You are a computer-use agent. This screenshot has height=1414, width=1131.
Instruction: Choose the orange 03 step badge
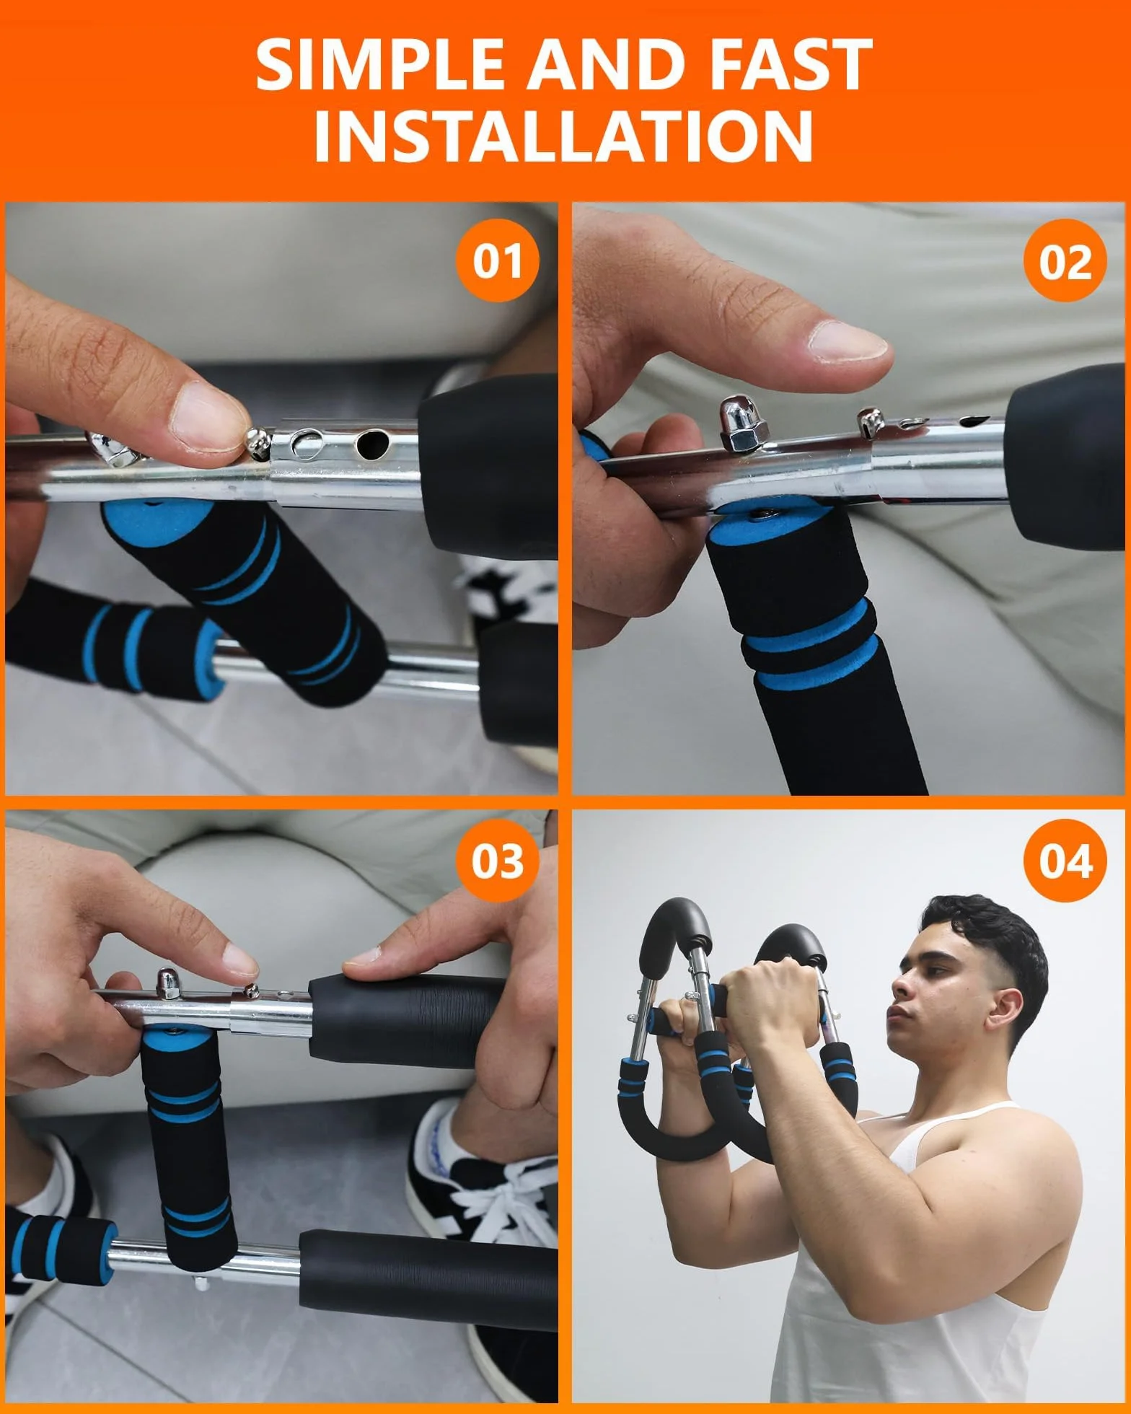(x=498, y=861)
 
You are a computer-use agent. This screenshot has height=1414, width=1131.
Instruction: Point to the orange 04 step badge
(x=1065, y=861)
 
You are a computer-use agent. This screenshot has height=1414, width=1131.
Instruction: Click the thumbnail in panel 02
(x=848, y=341)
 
